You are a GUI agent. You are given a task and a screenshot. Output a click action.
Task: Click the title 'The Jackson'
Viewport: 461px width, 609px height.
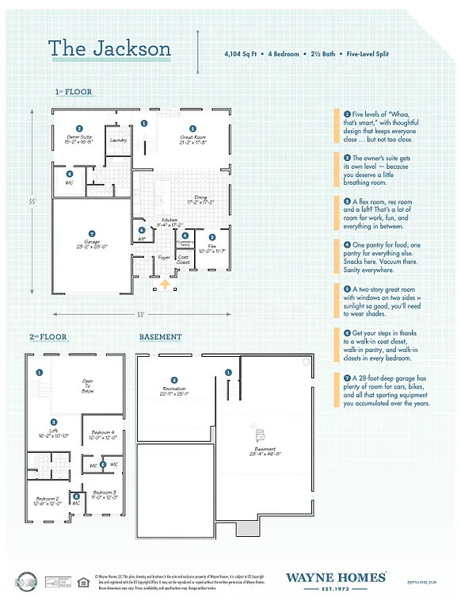point(109,48)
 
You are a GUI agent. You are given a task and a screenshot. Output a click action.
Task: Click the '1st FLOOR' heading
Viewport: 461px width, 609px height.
point(74,92)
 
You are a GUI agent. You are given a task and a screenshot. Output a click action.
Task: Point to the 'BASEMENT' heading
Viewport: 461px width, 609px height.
point(160,337)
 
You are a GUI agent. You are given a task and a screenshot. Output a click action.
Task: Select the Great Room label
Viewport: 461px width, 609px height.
point(192,140)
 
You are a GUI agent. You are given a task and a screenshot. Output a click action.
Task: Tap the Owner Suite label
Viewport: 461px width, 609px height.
point(79,140)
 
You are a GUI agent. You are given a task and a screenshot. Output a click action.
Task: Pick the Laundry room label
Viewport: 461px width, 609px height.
point(119,140)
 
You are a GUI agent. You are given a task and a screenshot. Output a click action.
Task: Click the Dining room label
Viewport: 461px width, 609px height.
point(205,199)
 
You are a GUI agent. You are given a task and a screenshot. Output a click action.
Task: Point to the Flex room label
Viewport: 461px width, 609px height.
point(211,248)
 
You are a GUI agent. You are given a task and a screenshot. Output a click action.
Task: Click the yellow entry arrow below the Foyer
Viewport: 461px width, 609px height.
point(165,284)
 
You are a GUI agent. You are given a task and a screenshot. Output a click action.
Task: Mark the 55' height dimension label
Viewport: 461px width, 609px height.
point(33,202)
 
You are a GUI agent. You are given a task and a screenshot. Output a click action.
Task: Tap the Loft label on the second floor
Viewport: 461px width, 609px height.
point(54,433)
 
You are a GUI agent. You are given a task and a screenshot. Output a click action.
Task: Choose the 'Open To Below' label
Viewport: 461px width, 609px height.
point(87,385)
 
